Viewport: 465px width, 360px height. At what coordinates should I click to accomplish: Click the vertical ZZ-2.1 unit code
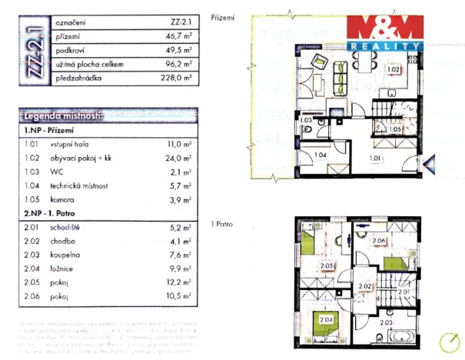pyautogui.click(x=33, y=52)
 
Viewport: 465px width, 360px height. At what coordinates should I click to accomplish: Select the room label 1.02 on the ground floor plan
pyautogui.click(x=393, y=70)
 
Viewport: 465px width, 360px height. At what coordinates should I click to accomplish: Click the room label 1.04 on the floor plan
pyautogui.click(x=320, y=155)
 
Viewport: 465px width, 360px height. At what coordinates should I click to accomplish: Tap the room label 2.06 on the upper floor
pyautogui.click(x=377, y=241)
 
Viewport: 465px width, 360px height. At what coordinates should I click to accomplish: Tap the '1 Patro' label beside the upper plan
pyautogui.click(x=222, y=225)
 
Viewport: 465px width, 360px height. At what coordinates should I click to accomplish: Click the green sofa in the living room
pyautogui.click(x=340, y=75)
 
